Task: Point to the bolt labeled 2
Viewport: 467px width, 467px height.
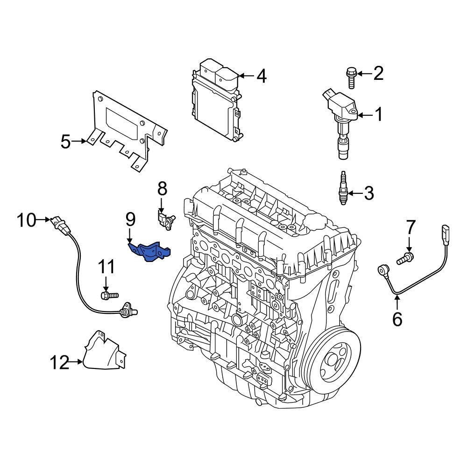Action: [351, 78]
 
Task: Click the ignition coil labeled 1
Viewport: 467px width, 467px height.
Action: [341, 117]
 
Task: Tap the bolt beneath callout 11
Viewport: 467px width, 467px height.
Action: [109, 295]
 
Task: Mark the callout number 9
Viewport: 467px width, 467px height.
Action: [130, 218]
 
